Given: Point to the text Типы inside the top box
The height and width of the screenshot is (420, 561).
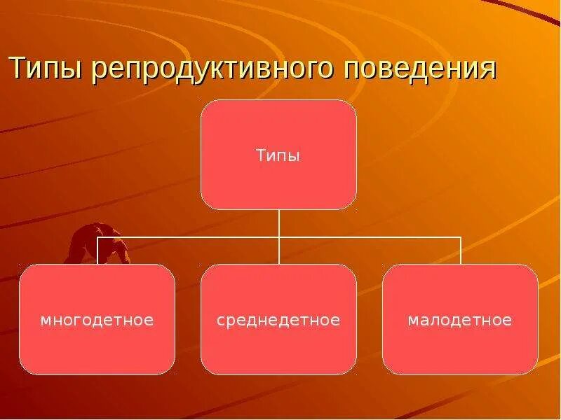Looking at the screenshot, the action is tap(278, 155).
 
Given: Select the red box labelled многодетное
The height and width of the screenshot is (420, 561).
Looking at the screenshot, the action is tap(97, 350).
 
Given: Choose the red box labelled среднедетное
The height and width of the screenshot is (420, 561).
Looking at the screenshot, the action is tap(278, 350).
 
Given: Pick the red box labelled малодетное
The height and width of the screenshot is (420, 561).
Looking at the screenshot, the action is tap(460, 350).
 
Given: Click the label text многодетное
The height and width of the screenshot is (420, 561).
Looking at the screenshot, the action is tap(97, 321).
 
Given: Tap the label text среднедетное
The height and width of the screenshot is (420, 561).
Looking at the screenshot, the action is tap(278, 321).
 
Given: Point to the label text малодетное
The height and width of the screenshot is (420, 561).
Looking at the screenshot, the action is tap(460, 321).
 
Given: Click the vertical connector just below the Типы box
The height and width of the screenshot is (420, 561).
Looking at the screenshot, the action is tap(279, 223).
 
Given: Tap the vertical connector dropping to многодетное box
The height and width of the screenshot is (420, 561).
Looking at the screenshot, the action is tap(97, 251).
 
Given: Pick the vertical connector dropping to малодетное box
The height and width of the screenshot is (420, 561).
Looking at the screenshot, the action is tap(461, 251).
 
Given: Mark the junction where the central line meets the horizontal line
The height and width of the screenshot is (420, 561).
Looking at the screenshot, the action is tap(279, 237).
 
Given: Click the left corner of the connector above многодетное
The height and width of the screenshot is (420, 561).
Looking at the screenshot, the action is tap(97, 237).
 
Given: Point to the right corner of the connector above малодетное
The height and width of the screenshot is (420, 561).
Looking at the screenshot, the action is tap(461, 237).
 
